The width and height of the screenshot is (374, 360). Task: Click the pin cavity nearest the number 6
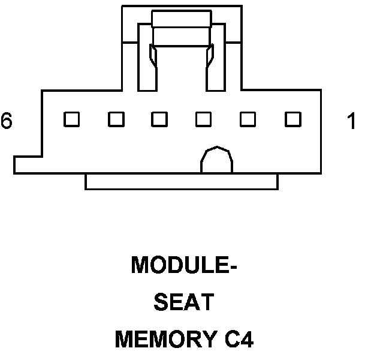tap(72, 119)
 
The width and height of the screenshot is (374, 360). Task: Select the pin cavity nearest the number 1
tap(292, 119)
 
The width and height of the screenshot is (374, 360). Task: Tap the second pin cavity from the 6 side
tap(116, 119)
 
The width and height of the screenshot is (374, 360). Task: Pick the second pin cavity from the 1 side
tap(248, 119)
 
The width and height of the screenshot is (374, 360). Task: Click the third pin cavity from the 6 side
tap(159, 119)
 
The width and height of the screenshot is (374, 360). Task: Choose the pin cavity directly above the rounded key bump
tap(204, 119)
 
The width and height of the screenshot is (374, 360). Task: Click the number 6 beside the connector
tap(7, 121)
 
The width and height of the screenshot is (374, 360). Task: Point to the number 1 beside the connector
tap(352, 122)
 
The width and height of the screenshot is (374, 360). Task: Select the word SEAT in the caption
tap(183, 303)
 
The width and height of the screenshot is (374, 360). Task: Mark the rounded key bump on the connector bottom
tap(216, 161)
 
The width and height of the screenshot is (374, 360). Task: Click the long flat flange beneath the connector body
tap(182, 182)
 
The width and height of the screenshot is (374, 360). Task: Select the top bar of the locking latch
tap(182, 19)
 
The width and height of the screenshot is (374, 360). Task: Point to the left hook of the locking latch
tap(153, 60)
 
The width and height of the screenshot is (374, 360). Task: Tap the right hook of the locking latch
tap(210, 60)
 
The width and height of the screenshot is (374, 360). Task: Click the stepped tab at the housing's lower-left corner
tap(27, 165)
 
